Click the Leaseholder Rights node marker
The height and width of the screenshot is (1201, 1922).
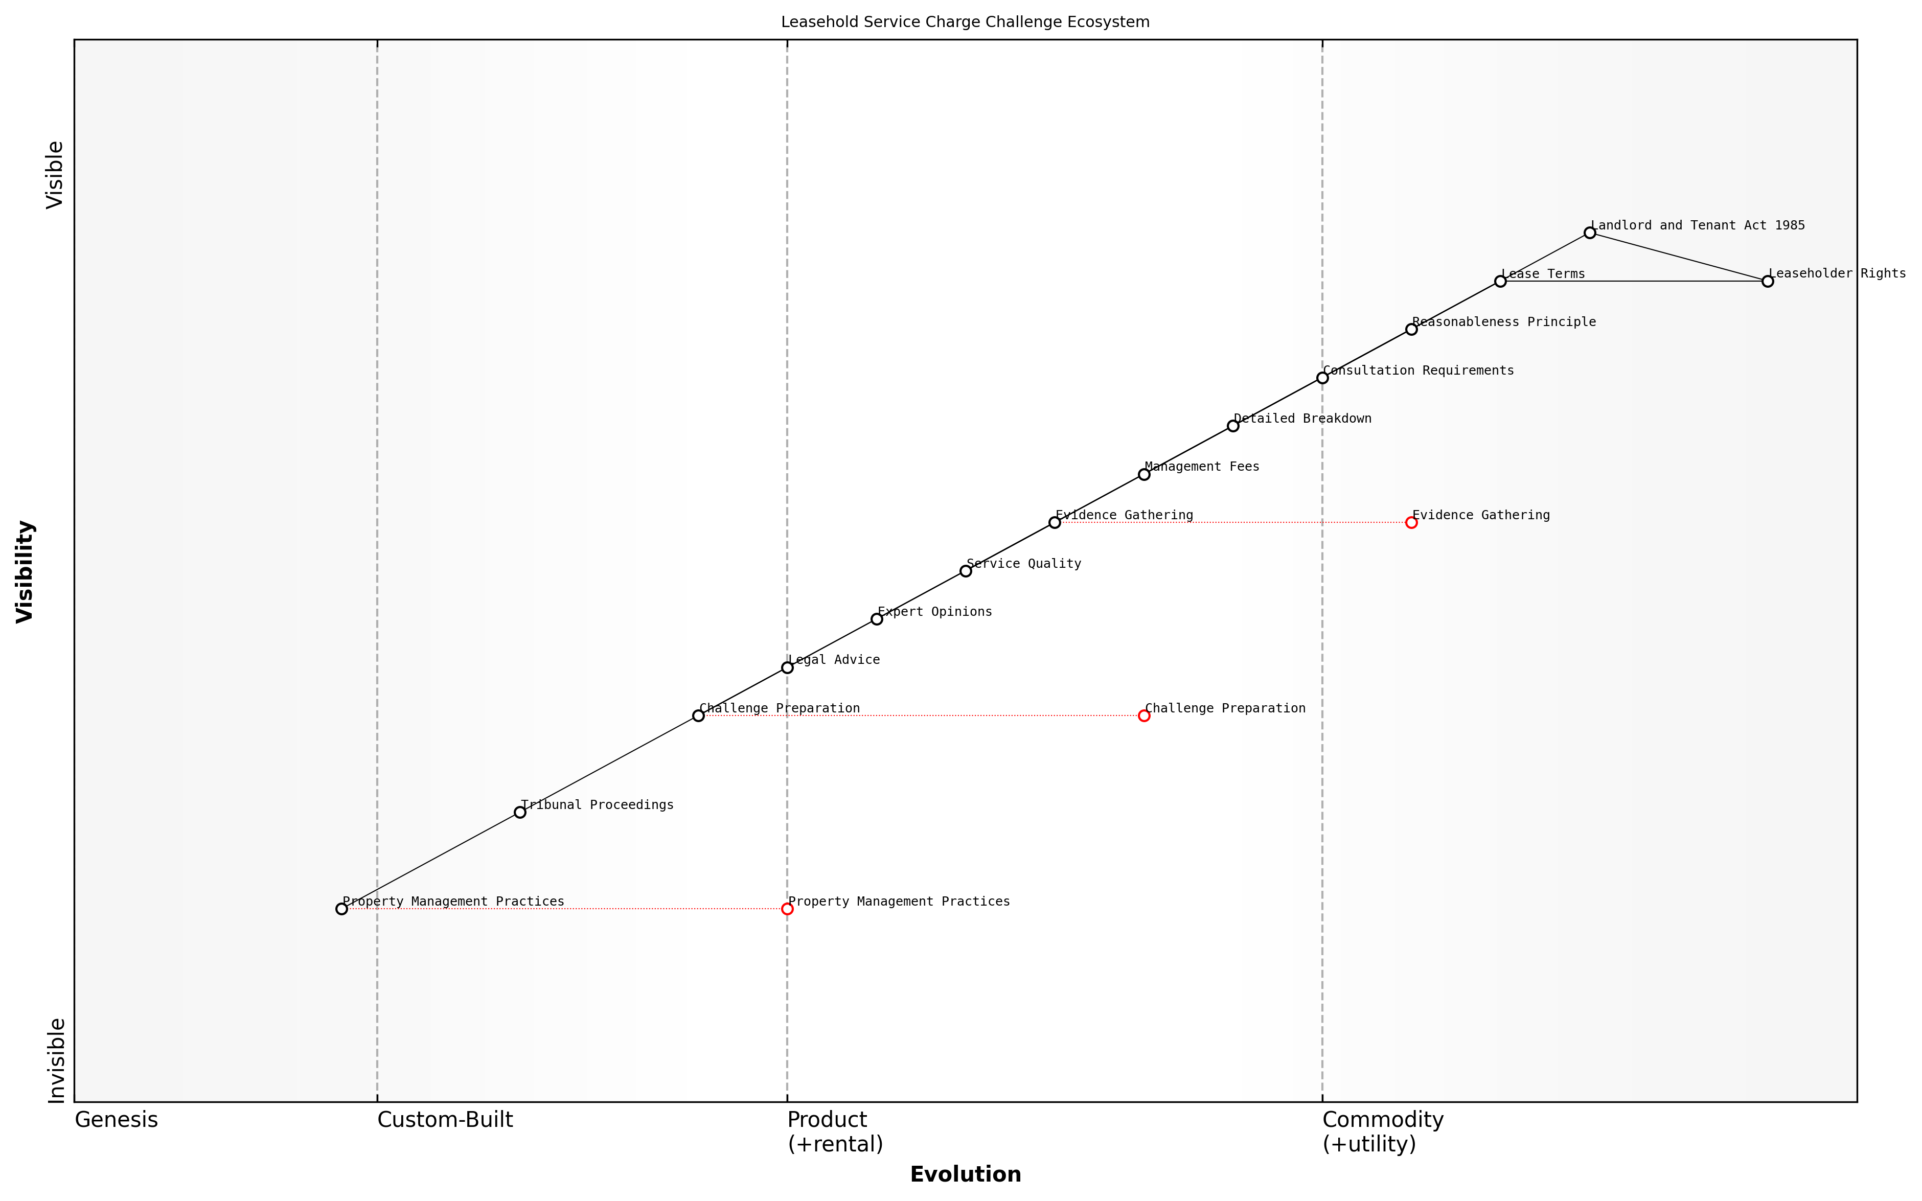(1767, 281)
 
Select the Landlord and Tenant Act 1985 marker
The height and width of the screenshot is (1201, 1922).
(1589, 233)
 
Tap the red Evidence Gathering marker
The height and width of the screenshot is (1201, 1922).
(1411, 523)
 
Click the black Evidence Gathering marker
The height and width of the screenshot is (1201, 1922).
(1055, 523)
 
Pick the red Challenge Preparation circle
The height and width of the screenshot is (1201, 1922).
(1143, 715)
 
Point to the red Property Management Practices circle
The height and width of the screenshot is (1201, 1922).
(787, 909)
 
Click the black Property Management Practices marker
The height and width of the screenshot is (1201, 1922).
(341, 909)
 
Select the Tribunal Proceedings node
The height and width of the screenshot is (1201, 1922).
(519, 812)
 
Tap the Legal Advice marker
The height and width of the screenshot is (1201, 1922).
(787, 667)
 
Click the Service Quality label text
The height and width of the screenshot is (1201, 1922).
(1024, 564)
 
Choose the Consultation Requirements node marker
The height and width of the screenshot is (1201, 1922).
(1322, 378)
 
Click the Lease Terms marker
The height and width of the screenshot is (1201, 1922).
(1500, 281)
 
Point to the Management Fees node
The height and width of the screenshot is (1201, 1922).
(1143, 474)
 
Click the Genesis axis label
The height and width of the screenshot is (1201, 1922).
(116, 1120)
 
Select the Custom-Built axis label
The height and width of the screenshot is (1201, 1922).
(445, 1120)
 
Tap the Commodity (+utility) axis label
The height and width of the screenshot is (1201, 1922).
(1383, 1131)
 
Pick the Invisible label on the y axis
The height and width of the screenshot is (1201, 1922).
(56, 1060)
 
